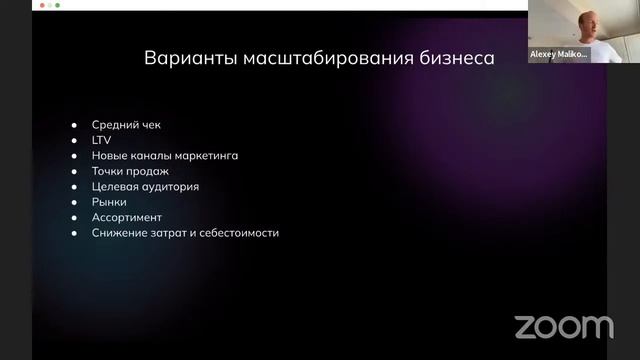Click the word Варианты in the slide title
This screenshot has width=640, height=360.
pos(190,58)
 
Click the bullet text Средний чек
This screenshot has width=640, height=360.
pos(126,125)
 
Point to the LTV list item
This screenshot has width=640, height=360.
pos(101,140)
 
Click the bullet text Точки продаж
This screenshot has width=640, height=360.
pos(130,171)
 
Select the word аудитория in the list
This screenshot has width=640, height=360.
pos(169,187)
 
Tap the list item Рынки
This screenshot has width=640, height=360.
pos(109,202)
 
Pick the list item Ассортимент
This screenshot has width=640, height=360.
pos(127,217)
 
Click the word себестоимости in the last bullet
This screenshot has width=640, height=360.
pos(238,233)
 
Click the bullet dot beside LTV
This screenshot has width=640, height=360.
pos(74,140)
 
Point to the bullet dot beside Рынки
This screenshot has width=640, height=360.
pos(74,202)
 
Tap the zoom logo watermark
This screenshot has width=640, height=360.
pos(564,326)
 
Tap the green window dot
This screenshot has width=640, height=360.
pos(57,4)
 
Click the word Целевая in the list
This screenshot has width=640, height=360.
pos(116,187)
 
